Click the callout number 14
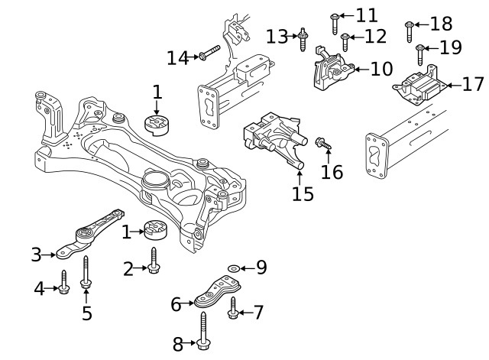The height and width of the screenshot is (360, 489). point(177,57)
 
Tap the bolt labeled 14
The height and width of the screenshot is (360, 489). point(208,54)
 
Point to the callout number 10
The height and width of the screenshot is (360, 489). point(381,70)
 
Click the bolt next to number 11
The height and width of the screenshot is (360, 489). point(335,24)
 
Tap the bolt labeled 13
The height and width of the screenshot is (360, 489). point(304,38)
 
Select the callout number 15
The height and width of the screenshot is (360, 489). point(303,194)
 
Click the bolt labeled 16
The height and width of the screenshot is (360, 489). point(322,143)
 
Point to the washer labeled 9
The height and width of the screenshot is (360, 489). point(233,268)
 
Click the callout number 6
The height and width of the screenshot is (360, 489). point(176,304)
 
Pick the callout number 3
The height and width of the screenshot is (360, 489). point(36,255)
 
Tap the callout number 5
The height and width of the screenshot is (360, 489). point(86,313)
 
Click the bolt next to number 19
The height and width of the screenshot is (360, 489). point(419,54)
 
